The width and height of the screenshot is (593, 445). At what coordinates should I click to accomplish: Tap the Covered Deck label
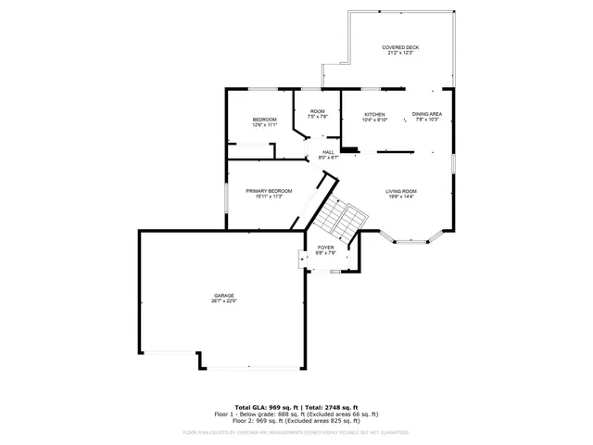click(399, 47)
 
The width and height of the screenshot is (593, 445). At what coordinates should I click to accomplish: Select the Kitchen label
click(374, 114)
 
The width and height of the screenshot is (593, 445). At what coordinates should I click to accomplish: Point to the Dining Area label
click(427, 114)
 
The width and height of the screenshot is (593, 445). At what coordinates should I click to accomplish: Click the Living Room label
click(401, 191)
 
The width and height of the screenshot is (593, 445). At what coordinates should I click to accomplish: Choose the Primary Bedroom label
click(269, 191)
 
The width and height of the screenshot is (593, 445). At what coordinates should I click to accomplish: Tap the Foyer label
click(326, 248)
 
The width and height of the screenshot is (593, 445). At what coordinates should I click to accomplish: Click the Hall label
click(329, 152)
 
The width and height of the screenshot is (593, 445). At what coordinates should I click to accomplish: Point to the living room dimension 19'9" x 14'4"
click(401, 197)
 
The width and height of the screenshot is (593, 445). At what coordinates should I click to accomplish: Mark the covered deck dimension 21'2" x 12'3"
click(399, 53)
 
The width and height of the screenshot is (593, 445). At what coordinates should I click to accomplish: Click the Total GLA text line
click(296, 408)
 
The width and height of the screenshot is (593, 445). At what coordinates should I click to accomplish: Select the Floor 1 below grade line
click(296, 413)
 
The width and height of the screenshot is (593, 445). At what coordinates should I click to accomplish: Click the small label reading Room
click(318, 111)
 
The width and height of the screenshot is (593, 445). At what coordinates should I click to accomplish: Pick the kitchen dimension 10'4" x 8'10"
click(374, 120)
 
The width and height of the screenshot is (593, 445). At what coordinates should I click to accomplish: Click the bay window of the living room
click(412, 240)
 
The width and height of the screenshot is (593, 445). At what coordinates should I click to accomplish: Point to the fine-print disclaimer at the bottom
click(296, 432)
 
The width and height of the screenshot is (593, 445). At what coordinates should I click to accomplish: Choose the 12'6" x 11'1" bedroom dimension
click(265, 125)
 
